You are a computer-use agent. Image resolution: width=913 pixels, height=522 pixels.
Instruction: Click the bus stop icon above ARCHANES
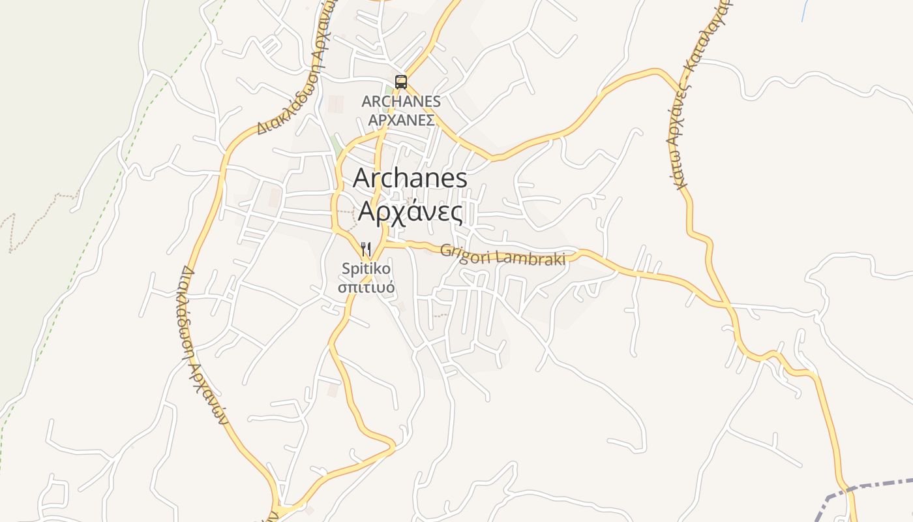[x=401, y=82]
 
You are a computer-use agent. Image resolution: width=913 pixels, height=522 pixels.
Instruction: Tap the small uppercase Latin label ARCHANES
[x=401, y=102]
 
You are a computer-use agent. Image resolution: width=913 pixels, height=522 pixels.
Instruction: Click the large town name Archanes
[x=410, y=179]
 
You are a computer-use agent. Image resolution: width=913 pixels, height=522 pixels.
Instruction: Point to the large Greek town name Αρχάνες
[x=411, y=212]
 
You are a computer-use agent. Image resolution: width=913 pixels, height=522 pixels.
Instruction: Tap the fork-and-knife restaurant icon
[x=366, y=249]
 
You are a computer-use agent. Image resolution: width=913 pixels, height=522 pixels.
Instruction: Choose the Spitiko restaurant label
[x=366, y=268]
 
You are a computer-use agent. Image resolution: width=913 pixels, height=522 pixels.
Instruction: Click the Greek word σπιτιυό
[x=366, y=286]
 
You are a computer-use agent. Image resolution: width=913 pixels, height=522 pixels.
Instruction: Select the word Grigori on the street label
[x=465, y=251]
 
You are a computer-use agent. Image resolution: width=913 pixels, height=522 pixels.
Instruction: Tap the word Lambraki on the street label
[x=530, y=257]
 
